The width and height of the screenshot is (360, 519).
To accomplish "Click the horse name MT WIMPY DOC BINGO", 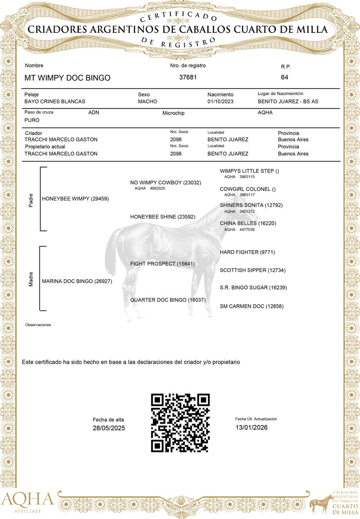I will coord(68,78).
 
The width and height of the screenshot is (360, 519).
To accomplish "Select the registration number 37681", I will coord(188,77).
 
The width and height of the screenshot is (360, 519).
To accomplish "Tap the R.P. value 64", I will coord(284,77).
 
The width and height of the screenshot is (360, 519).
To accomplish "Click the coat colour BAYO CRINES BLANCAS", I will coord(55,102).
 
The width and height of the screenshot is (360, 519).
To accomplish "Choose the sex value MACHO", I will coord(148,102).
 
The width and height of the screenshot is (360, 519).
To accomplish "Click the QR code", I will coord(180,423).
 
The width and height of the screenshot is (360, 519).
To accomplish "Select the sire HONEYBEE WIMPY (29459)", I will coord(75,199).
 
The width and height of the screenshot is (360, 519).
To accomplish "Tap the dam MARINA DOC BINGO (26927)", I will coord(74,281).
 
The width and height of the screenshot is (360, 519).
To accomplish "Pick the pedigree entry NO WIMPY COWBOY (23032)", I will coord(165,183).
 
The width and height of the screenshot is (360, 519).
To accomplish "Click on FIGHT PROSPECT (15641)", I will coord(163,264).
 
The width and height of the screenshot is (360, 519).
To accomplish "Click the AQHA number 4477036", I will coord(247,229).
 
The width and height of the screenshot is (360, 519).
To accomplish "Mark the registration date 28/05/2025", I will coord(109,428).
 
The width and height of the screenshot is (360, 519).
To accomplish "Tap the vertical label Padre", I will coord(31,199).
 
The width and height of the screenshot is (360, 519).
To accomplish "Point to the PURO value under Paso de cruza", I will coord(32,120).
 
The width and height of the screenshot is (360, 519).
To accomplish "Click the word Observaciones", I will coord(38,324).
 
